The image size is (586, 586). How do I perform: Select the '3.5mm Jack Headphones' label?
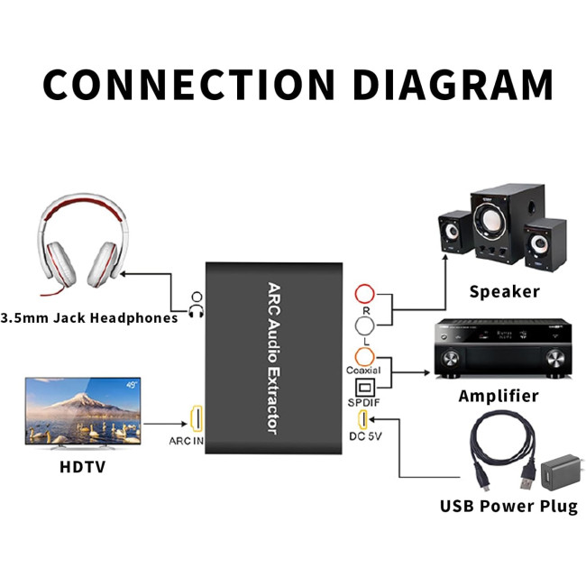(89, 318)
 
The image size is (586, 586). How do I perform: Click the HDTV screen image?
(83, 410)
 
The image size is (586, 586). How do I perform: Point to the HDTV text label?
(84, 467)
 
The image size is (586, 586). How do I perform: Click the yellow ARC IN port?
(194, 419)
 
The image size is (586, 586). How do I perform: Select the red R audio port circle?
(365, 295)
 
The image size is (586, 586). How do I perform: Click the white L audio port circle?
(365, 325)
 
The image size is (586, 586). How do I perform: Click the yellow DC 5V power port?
(364, 420)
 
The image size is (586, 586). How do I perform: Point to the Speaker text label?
(505, 291)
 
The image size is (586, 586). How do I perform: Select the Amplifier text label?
(499, 396)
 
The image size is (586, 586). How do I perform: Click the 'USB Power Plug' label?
(508, 506)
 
